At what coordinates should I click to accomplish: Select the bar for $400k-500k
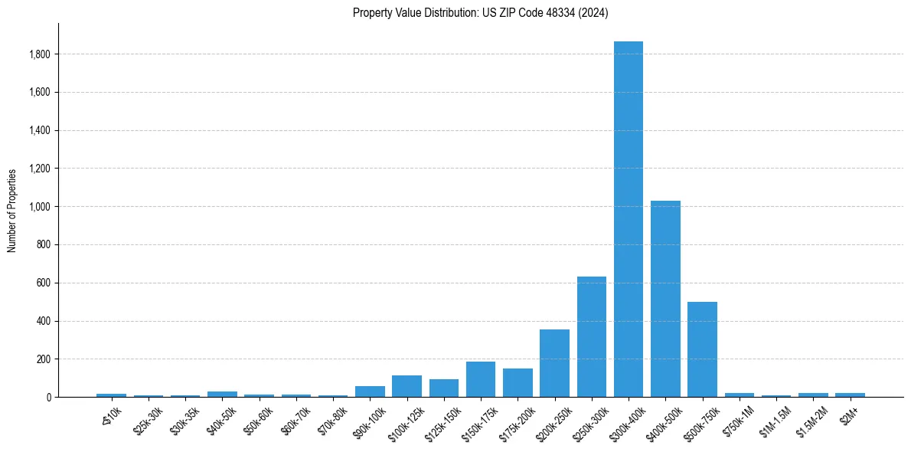click(x=665, y=299)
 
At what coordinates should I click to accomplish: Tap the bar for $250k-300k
click(x=592, y=337)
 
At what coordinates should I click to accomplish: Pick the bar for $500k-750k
click(x=702, y=349)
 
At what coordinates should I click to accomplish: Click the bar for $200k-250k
click(x=554, y=363)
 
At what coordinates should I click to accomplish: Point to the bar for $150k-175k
click(x=481, y=379)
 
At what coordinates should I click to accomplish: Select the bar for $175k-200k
click(x=518, y=383)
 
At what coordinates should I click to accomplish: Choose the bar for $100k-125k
click(x=407, y=386)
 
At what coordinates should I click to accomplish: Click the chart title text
click(x=480, y=13)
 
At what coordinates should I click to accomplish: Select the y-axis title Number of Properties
click(x=12, y=211)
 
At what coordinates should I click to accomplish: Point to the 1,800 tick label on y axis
click(x=40, y=54)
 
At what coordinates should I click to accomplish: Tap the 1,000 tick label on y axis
click(x=40, y=207)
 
